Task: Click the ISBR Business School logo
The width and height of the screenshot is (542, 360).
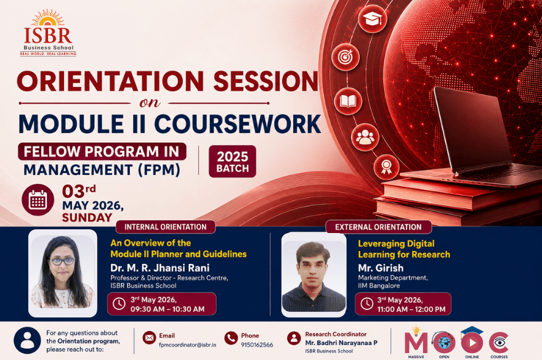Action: (49, 33)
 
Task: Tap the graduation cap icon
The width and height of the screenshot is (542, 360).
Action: (372, 18)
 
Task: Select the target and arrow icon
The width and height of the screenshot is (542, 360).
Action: (346, 57)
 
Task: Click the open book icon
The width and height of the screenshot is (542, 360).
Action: (348, 101)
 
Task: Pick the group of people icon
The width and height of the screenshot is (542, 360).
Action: (365, 137)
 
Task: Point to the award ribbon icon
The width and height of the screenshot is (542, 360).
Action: (386, 167)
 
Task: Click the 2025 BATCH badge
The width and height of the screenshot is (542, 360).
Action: (232, 162)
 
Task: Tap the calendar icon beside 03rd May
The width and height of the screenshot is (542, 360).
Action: (38, 200)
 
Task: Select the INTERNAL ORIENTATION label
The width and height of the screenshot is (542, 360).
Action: (165, 227)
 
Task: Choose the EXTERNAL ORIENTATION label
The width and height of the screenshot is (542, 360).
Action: (379, 227)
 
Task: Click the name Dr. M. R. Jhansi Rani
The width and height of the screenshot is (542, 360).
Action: (160, 268)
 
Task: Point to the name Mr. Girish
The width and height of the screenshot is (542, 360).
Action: (381, 268)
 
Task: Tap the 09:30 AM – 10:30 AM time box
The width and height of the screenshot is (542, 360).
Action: (161, 304)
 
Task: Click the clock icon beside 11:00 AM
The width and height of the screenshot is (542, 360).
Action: (366, 304)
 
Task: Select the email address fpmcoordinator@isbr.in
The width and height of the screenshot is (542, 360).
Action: (187, 345)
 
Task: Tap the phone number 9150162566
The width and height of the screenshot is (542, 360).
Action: (257, 345)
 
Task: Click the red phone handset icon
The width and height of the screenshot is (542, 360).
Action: (231, 338)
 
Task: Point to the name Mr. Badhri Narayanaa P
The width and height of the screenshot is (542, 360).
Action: (341, 343)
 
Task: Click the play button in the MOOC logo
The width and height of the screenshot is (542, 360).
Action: (472, 342)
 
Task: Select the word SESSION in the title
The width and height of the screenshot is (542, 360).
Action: (265, 81)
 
